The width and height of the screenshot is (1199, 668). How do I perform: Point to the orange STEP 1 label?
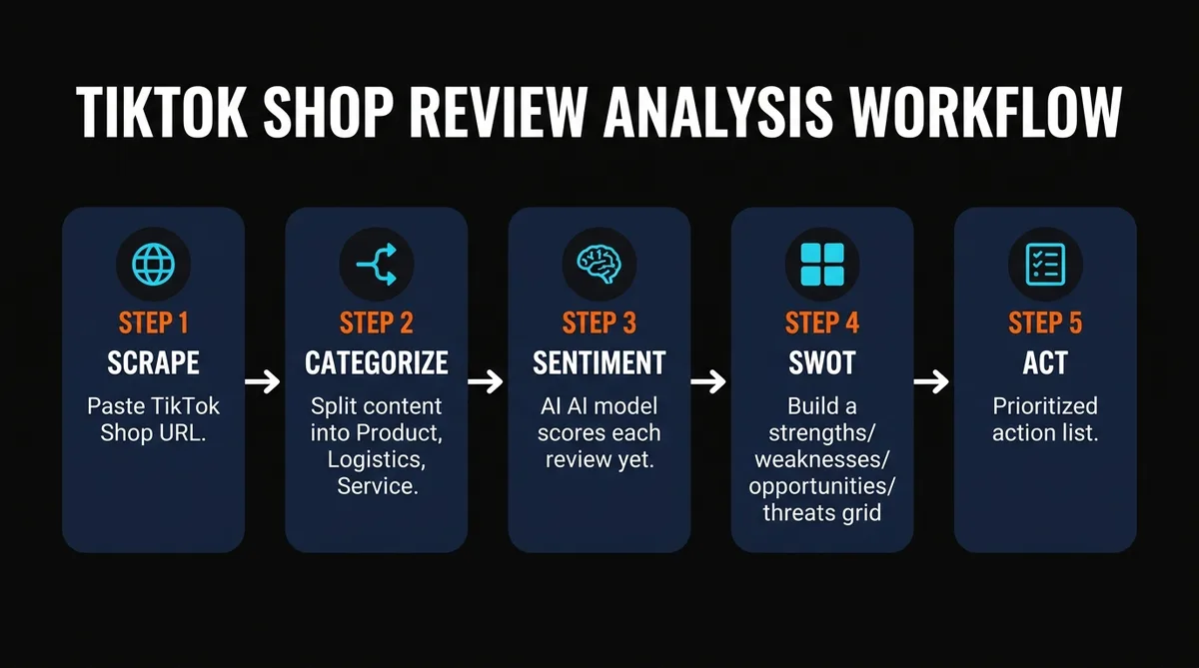153,323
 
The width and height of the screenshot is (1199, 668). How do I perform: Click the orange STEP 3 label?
599,323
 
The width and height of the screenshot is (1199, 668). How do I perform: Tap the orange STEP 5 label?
1045,323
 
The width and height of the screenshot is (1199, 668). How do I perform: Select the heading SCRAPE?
153,361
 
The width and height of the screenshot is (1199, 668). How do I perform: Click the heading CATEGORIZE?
376,361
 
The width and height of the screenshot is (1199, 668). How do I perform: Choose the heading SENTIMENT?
599,361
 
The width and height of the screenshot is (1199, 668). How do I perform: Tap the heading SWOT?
821,361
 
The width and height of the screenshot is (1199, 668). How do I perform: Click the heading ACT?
1045,361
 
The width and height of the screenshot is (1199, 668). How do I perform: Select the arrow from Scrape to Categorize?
264,380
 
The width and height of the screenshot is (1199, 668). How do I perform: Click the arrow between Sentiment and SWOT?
709,380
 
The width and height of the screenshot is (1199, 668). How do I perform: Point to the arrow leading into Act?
932,380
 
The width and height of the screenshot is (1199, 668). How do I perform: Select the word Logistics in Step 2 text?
375,460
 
